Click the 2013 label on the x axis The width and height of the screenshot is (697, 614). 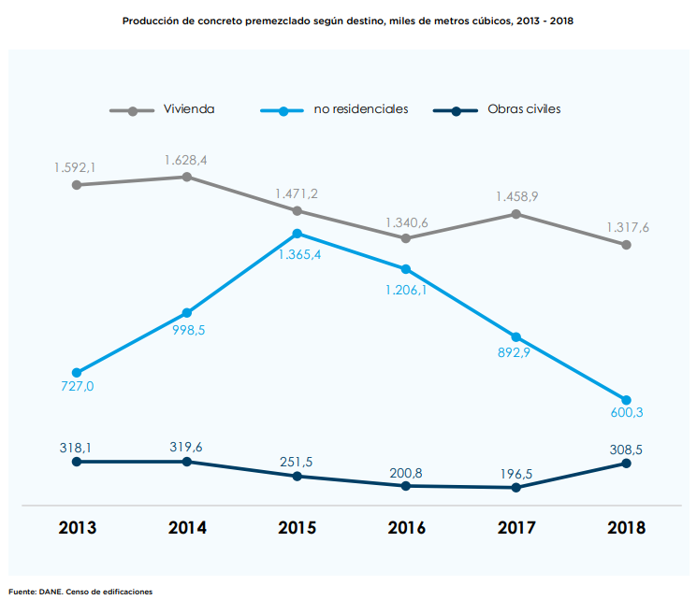77,527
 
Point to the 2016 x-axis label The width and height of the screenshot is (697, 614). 406,527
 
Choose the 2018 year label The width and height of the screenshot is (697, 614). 626,527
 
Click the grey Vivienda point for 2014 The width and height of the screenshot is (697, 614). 187,177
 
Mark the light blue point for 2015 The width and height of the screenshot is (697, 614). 297,234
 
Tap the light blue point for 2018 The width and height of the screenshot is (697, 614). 626,400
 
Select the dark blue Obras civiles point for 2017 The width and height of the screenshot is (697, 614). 516,487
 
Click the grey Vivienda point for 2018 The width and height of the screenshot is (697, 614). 626,245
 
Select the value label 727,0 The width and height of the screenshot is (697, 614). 76,386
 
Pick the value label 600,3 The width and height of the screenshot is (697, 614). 626,412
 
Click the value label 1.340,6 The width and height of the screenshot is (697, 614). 406,223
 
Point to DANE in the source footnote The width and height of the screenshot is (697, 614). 50,591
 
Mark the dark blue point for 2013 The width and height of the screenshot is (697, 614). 77,462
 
